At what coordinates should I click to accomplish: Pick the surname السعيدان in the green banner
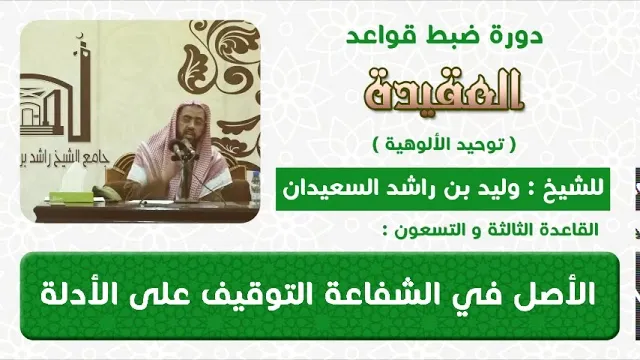[323, 188]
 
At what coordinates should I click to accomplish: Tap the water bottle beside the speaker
[256, 187]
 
